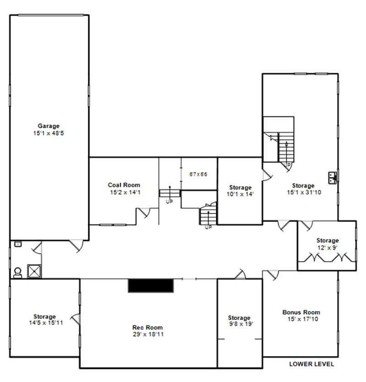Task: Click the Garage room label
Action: click(x=48, y=126)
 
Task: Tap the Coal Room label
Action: click(x=124, y=185)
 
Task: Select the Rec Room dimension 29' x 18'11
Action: click(x=148, y=334)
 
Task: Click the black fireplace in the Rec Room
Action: click(x=151, y=286)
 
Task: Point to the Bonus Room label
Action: click(x=301, y=312)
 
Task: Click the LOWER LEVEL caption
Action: click(x=312, y=364)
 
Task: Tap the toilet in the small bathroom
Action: click(x=17, y=273)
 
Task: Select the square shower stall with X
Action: click(x=34, y=271)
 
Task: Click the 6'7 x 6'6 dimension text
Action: click(x=199, y=174)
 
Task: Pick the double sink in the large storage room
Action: click(x=333, y=178)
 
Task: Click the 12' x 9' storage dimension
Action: click(x=327, y=248)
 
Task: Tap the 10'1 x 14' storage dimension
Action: click(x=240, y=194)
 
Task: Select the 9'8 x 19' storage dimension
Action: click(x=241, y=324)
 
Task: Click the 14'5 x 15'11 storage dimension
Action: click(x=46, y=323)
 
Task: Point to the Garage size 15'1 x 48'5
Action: click(x=48, y=133)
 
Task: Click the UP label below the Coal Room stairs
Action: click(x=169, y=202)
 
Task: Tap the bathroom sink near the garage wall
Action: click(x=17, y=244)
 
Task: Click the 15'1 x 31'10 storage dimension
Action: click(x=304, y=192)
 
